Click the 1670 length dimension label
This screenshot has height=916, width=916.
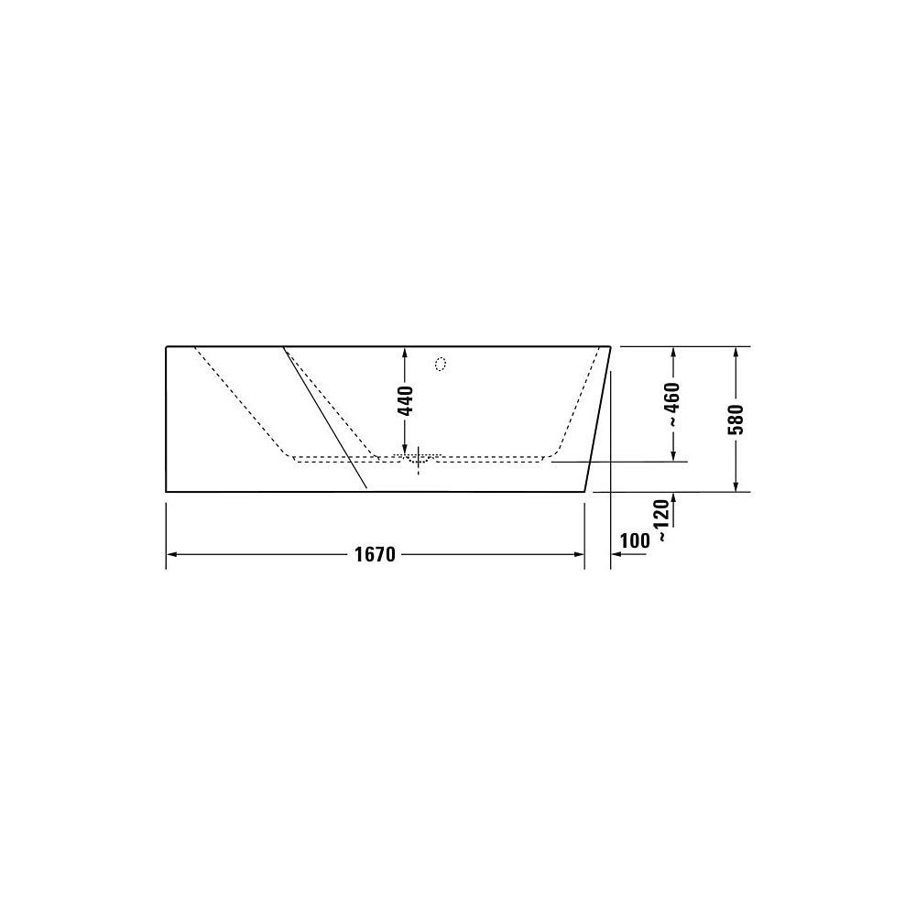(x=375, y=554)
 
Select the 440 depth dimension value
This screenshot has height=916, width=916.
(x=405, y=401)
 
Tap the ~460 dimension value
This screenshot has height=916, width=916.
(x=673, y=404)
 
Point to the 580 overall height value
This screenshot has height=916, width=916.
(x=737, y=420)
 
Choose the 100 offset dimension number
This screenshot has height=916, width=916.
(x=635, y=540)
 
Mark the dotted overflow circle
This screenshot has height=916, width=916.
(x=442, y=364)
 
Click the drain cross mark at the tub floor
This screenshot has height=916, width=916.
(x=419, y=459)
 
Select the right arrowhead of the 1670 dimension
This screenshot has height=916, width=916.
(x=579, y=554)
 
